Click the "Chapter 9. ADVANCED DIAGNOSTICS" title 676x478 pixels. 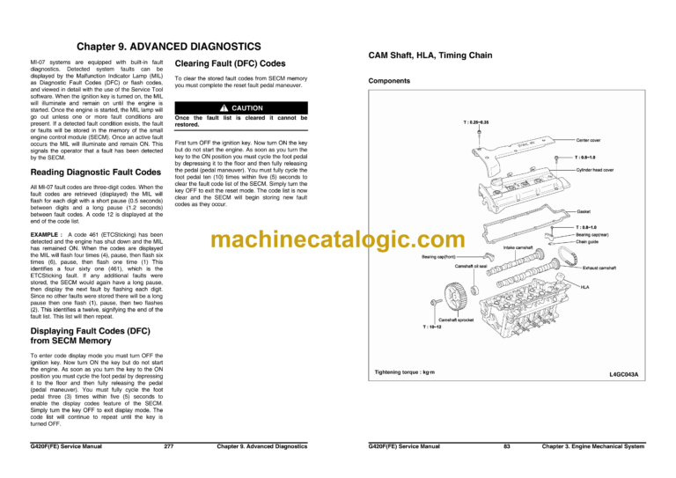[x=168, y=45]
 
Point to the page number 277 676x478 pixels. [x=168, y=446]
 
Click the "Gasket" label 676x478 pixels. [x=584, y=211]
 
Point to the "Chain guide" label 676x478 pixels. [x=590, y=242]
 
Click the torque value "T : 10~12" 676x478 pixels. [x=437, y=327]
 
